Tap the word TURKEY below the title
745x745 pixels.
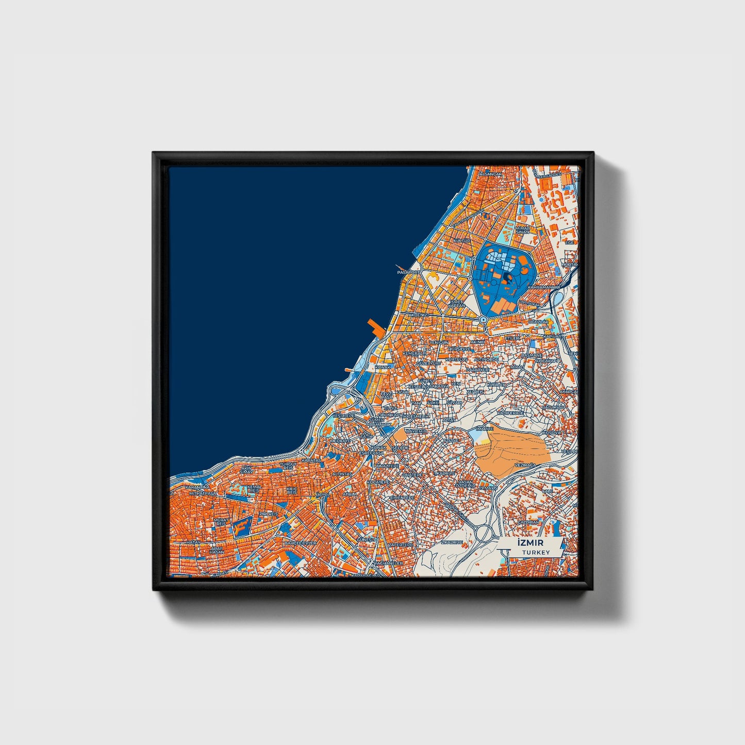tap(536, 553)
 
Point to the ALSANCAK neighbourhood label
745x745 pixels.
tap(490, 174)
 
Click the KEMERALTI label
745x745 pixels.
tap(413, 353)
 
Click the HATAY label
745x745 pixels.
tap(193, 542)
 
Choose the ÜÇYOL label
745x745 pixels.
tap(322, 494)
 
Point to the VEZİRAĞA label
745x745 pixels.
tap(526, 465)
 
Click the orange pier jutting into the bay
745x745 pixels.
tap(375, 327)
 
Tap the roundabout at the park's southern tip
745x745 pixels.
tap(483, 320)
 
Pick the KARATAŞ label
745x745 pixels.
tap(311, 459)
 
